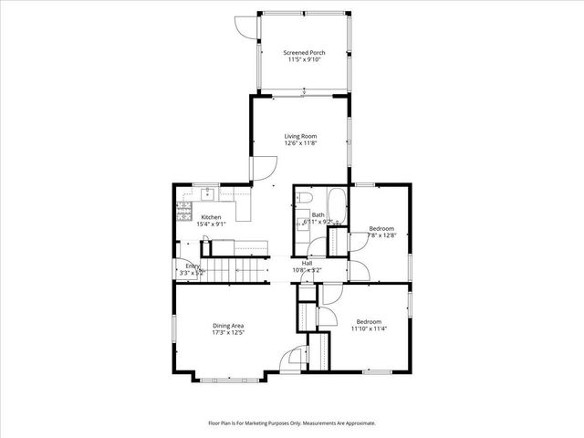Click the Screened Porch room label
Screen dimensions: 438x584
pyautogui.click(x=304, y=52)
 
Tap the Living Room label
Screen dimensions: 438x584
pyautogui.click(x=300, y=135)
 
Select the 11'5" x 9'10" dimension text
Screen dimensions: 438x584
pyautogui.click(x=304, y=60)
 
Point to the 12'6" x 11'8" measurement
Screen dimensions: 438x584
pyautogui.click(x=300, y=143)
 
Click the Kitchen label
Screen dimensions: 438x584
pyautogui.click(x=211, y=217)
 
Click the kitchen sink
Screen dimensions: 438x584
pyautogui.click(x=208, y=193)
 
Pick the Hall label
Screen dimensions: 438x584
pyautogui.click(x=308, y=263)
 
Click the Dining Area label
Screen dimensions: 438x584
pyautogui.click(x=228, y=326)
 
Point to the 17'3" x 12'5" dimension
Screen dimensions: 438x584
pyautogui.click(x=228, y=333)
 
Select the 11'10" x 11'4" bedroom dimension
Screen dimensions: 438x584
pyautogui.click(x=369, y=329)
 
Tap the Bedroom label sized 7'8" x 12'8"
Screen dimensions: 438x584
pyautogui.click(x=381, y=228)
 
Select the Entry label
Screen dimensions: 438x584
pyautogui.click(x=193, y=266)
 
